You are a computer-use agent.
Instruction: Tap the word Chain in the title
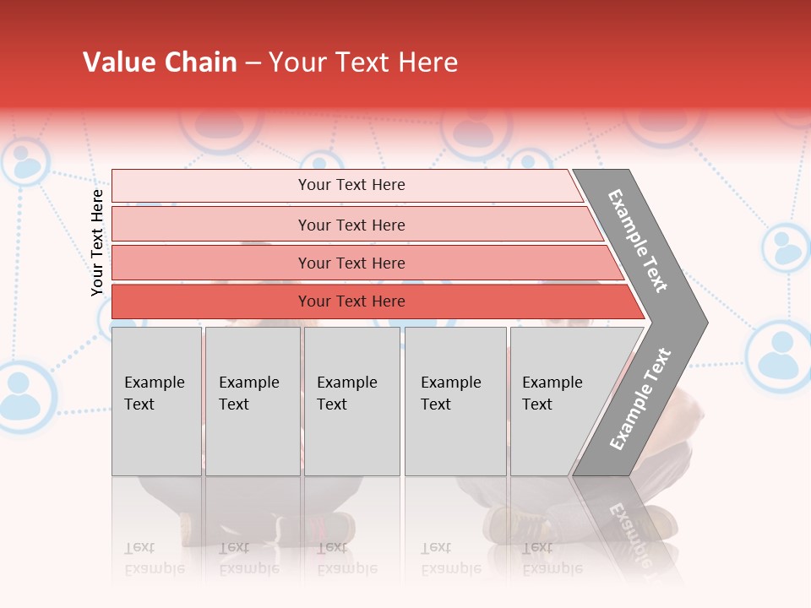[202, 62]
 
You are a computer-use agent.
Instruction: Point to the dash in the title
[253, 63]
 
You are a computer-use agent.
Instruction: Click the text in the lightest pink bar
[351, 185]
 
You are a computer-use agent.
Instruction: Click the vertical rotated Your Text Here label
[97, 242]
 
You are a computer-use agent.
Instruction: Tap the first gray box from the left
[156, 401]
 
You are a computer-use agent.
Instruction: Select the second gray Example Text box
[252, 401]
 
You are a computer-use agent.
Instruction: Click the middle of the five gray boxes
[351, 401]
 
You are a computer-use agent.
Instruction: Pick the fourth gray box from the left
[455, 401]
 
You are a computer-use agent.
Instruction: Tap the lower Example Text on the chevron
[640, 399]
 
